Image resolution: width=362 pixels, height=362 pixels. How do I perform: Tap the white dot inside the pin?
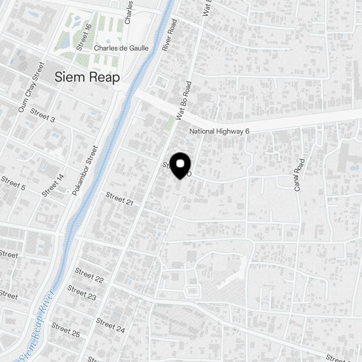(x=180, y=164)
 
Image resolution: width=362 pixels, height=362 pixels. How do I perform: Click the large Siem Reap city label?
(x=87, y=77)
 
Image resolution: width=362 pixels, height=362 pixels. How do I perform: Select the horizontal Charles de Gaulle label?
(x=121, y=48)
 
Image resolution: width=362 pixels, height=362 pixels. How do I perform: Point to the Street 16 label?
(x=84, y=35)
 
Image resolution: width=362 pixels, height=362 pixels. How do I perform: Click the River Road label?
(x=169, y=35)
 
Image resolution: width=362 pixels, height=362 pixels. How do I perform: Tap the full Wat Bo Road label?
(x=184, y=101)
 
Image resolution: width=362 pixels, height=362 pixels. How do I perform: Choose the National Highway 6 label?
(x=219, y=131)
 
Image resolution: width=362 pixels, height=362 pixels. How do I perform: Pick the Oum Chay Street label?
(x=31, y=87)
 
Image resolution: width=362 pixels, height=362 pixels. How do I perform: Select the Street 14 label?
(x=53, y=185)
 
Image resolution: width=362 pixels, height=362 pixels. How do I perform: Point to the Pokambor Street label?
(x=85, y=171)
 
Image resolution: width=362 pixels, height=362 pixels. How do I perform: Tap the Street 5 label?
(x=13, y=183)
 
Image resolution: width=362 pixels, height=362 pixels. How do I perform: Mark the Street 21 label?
(x=120, y=199)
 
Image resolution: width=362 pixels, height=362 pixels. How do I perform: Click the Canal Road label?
(x=299, y=175)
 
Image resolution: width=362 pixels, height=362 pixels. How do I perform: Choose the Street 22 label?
(x=89, y=275)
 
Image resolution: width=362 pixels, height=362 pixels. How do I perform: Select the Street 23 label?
(x=82, y=292)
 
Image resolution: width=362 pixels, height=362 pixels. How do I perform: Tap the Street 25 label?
(x=66, y=330)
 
